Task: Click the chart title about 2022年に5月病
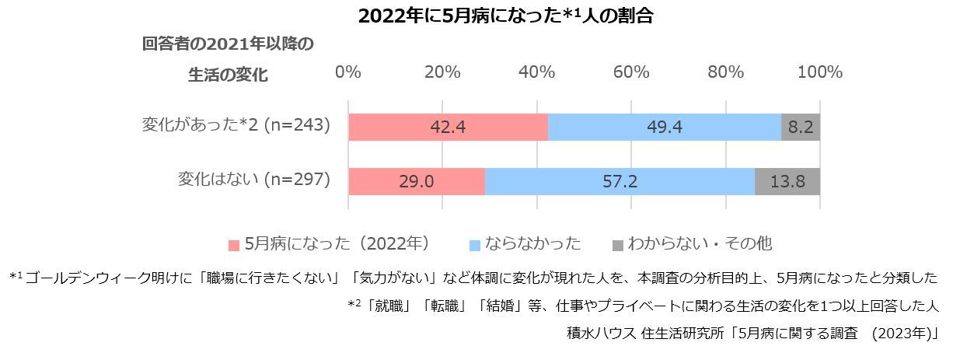point(504,16)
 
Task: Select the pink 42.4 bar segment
point(448,127)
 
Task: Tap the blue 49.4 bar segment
point(664,127)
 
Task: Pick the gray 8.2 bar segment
point(800,127)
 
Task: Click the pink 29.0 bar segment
point(417,181)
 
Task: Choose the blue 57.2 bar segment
point(620,181)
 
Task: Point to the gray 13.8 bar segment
point(787,181)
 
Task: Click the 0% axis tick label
point(347,72)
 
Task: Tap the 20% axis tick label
point(442,72)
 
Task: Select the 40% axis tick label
point(536,72)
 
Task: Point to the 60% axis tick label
point(631,72)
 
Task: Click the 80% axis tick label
point(725,72)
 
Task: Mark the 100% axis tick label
point(819,72)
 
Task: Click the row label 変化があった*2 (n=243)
point(236,124)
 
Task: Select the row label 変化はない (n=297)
point(254,180)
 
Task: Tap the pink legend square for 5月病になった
point(234,245)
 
